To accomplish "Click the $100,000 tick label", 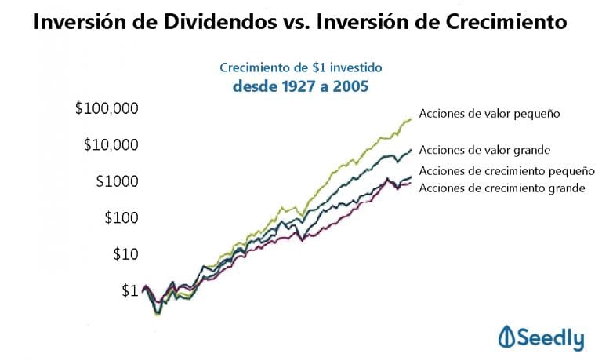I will click(x=107, y=108).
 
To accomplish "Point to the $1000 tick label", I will click(x=117, y=181).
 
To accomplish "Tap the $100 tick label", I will click(x=121, y=217).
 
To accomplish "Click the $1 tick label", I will click(x=129, y=290).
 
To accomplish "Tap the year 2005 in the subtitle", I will click(x=348, y=86).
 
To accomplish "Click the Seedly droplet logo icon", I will click(x=506, y=338).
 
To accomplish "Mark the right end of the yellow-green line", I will click(x=412, y=119).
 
